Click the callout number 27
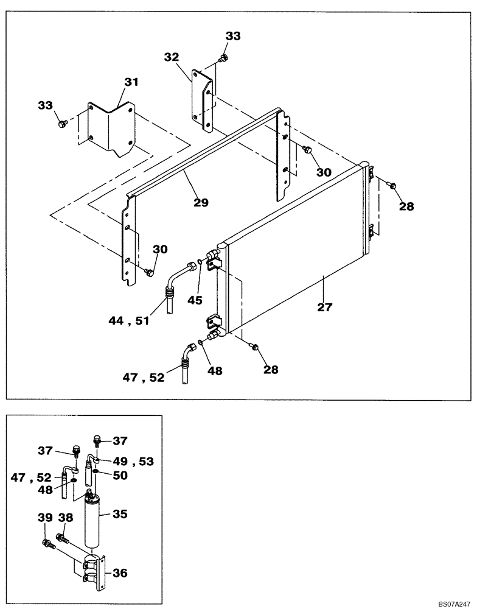(x=325, y=307)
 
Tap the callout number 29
(x=200, y=202)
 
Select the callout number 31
(x=132, y=81)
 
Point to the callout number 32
(x=171, y=57)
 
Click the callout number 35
(x=120, y=514)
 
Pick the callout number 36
(x=119, y=572)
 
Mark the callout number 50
(x=120, y=475)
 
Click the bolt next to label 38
(x=60, y=537)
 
